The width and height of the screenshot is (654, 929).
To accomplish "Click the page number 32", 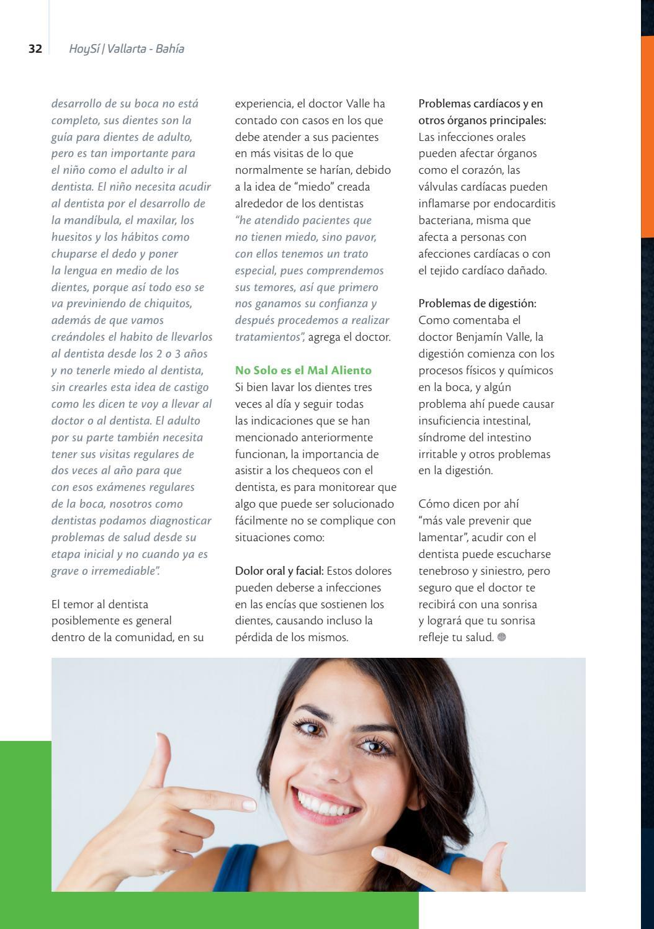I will point(35,49).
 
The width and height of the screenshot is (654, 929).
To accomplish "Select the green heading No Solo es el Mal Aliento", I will point(303,370).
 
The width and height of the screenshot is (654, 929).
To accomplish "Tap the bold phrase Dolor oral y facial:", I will point(279,571).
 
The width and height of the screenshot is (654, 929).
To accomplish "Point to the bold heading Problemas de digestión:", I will point(477,303).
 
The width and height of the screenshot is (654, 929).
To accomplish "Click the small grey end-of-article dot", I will point(501,637).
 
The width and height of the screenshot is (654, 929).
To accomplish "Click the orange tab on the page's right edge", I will point(647,137).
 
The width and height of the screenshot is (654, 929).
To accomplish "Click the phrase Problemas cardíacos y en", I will point(480,104).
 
